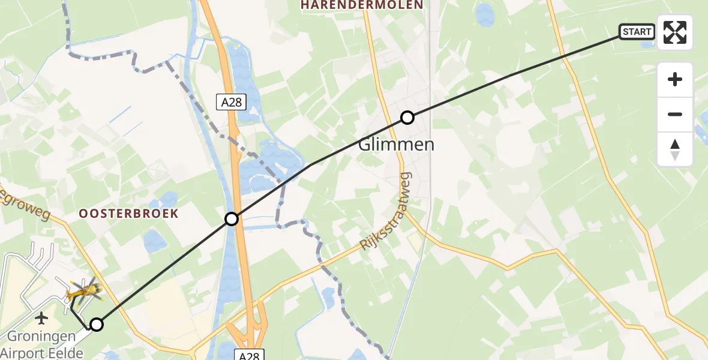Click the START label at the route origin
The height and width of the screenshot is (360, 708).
(x=637, y=32)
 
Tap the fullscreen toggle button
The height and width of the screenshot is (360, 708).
(x=675, y=32)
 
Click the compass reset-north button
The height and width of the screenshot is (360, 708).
(x=675, y=149)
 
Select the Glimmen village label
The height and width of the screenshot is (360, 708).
(x=395, y=145)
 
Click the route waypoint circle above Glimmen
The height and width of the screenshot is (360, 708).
(x=407, y=118)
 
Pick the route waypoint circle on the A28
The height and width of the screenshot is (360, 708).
(x=232, y=219)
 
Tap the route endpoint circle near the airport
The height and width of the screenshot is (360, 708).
(x=96, y=325)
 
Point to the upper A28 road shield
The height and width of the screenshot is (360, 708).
(x=231, y=103)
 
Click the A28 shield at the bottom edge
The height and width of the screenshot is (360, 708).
(x=248, y=355)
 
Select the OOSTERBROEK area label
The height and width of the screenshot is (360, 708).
(x=129, y=214)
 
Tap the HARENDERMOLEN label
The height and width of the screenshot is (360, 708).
(x=362, y=5)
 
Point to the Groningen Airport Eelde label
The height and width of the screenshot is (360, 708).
(x=42, y=344)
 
